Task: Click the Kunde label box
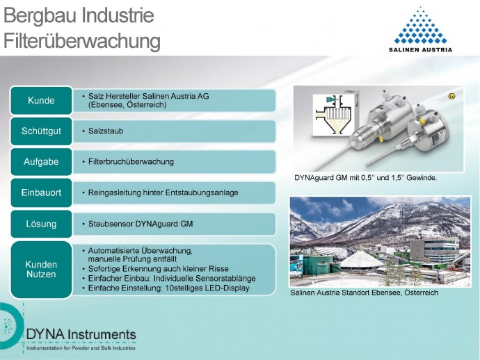(x=41, y=100)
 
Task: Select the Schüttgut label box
(x=41, y=131)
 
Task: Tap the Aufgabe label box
(x=41, y=162)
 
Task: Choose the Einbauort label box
(x=41, y=193)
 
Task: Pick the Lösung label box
(x=41, y=224)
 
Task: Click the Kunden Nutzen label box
(x=41, y=270)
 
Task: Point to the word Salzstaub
(x=106, y=131)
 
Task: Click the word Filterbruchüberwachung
(x=131, y=161)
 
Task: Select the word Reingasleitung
(x=115, y=193)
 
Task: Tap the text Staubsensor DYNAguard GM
(x=141, y=224)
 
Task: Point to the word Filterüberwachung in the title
(x=82, y=41)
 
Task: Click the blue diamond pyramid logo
(x=420, y=26)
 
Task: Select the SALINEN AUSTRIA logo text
(x=420, y=49)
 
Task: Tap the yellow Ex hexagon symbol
(x=451, y=96)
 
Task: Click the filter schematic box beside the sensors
(x=336, y=115)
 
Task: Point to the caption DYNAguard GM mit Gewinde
(x=365, y=178)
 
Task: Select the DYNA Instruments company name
(x=81, y=334)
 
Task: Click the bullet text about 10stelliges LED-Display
(x=168, y=288)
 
